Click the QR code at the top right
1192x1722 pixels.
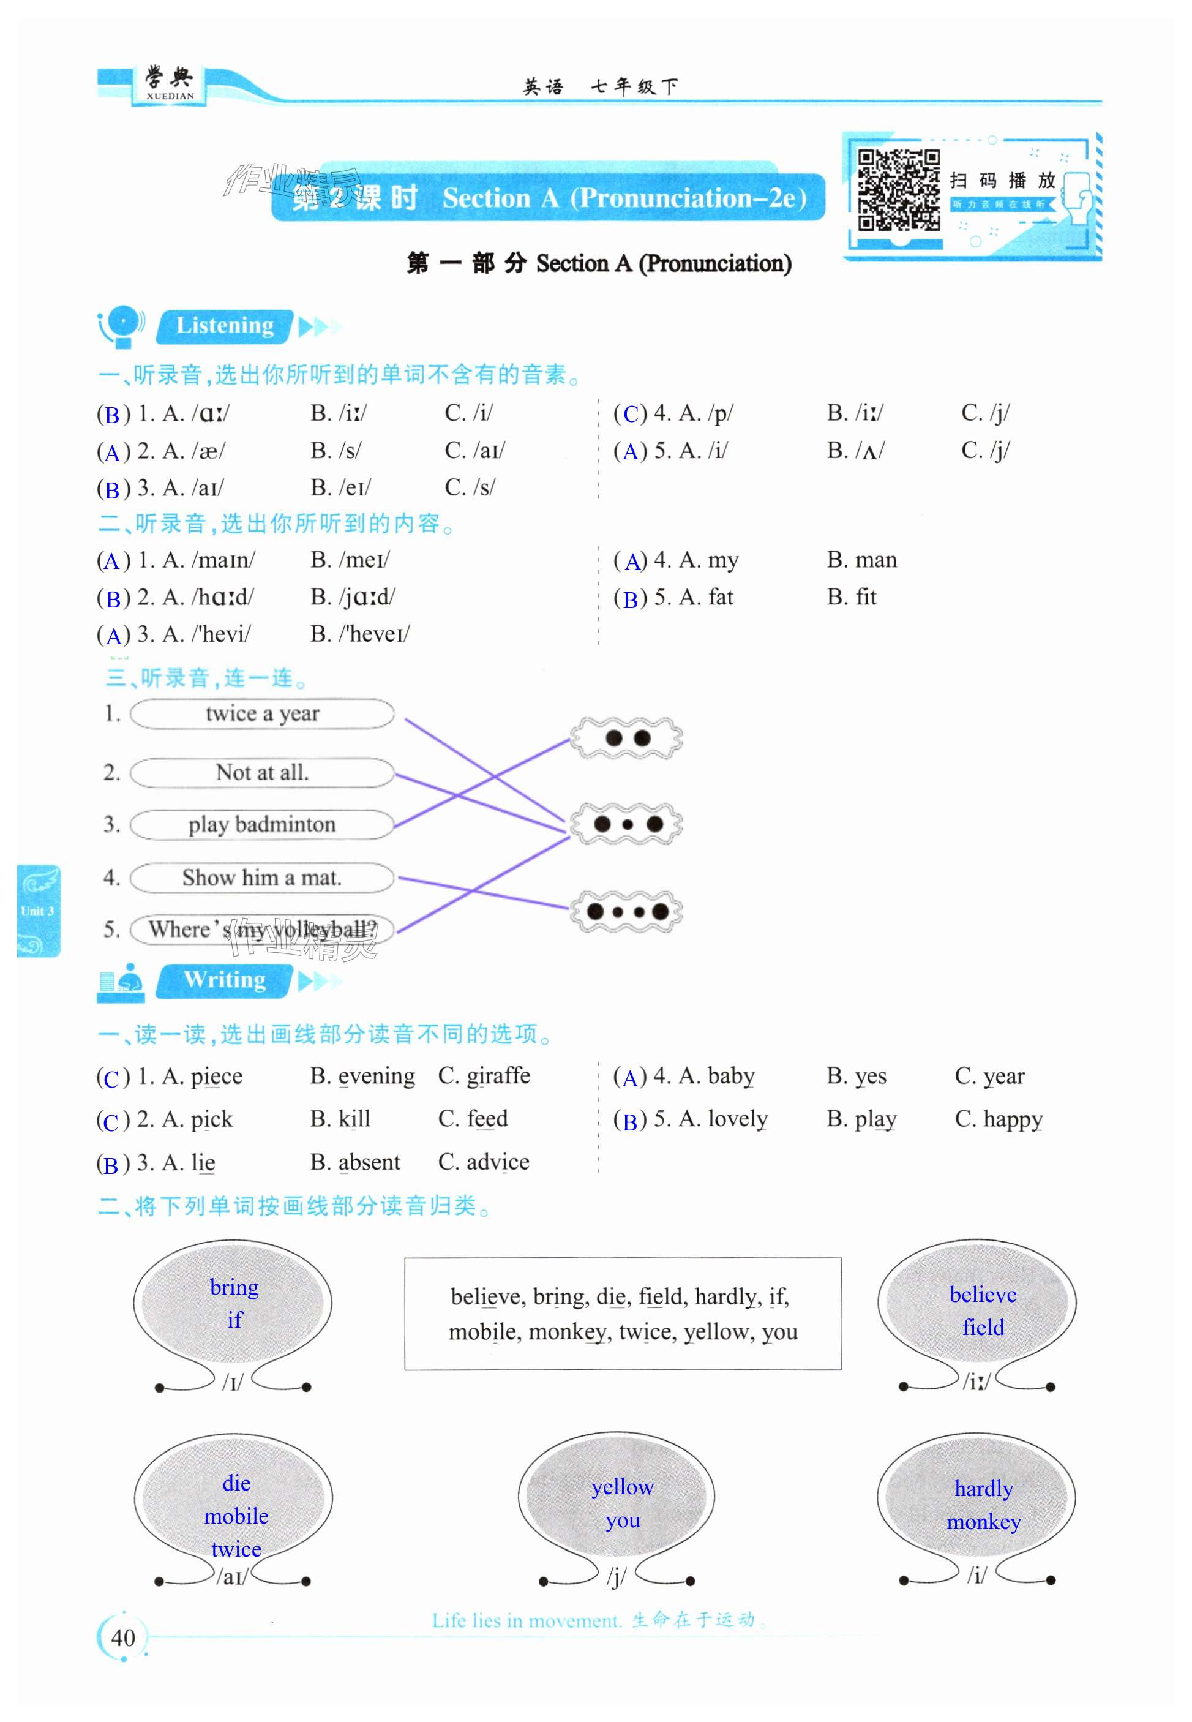(899, 190)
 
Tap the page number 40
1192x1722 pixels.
(122, 1637)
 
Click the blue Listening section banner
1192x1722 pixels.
(225, 326)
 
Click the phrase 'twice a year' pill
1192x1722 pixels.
(262, 713)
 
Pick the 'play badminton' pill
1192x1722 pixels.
(262, 824)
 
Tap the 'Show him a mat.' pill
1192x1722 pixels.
(262, 877)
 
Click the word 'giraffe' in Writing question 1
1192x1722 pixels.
(498, 1076)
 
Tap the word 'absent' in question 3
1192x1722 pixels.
(369, 1162)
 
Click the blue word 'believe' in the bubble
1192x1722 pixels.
(983, 1295)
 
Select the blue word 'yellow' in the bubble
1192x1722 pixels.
(622, 1487)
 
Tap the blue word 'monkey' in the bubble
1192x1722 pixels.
(984, 1522)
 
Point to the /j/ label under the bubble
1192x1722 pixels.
(616, 1576)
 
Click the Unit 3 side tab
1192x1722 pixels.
(37, 911)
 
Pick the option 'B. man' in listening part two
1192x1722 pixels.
(861, 560)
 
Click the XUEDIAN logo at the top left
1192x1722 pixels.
(170, 84)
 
